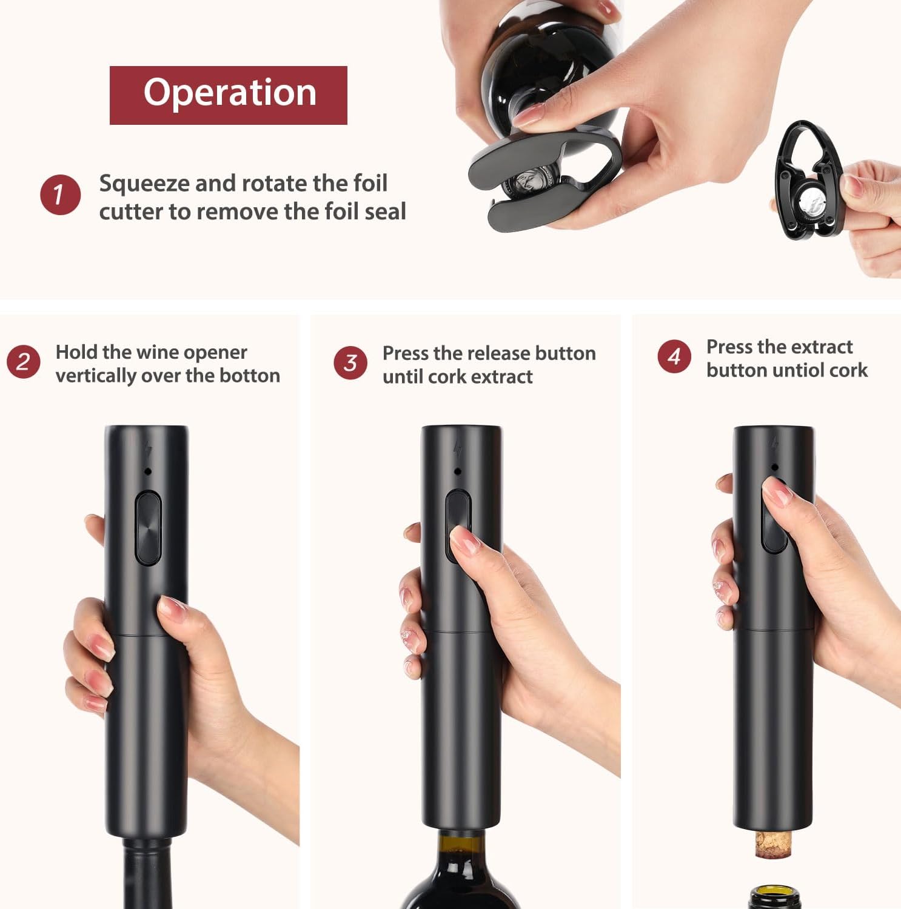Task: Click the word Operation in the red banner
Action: click(x=230, y=93)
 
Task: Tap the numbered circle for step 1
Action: click(x=60, y=195)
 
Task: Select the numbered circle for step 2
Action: click(x=24, y=362)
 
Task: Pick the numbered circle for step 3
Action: click(x=350, y=363)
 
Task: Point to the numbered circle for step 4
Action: click(x=674, y=356)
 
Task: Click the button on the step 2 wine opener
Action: click(x=148, y=528)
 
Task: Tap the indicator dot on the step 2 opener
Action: click(x=147, y=471)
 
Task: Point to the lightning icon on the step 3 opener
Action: click(x=458, y=448)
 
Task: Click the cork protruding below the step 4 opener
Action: click(x=773, y=845)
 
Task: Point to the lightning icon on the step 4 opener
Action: click(x=775, y=444)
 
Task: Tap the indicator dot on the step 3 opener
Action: click(x=458, y=471)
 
